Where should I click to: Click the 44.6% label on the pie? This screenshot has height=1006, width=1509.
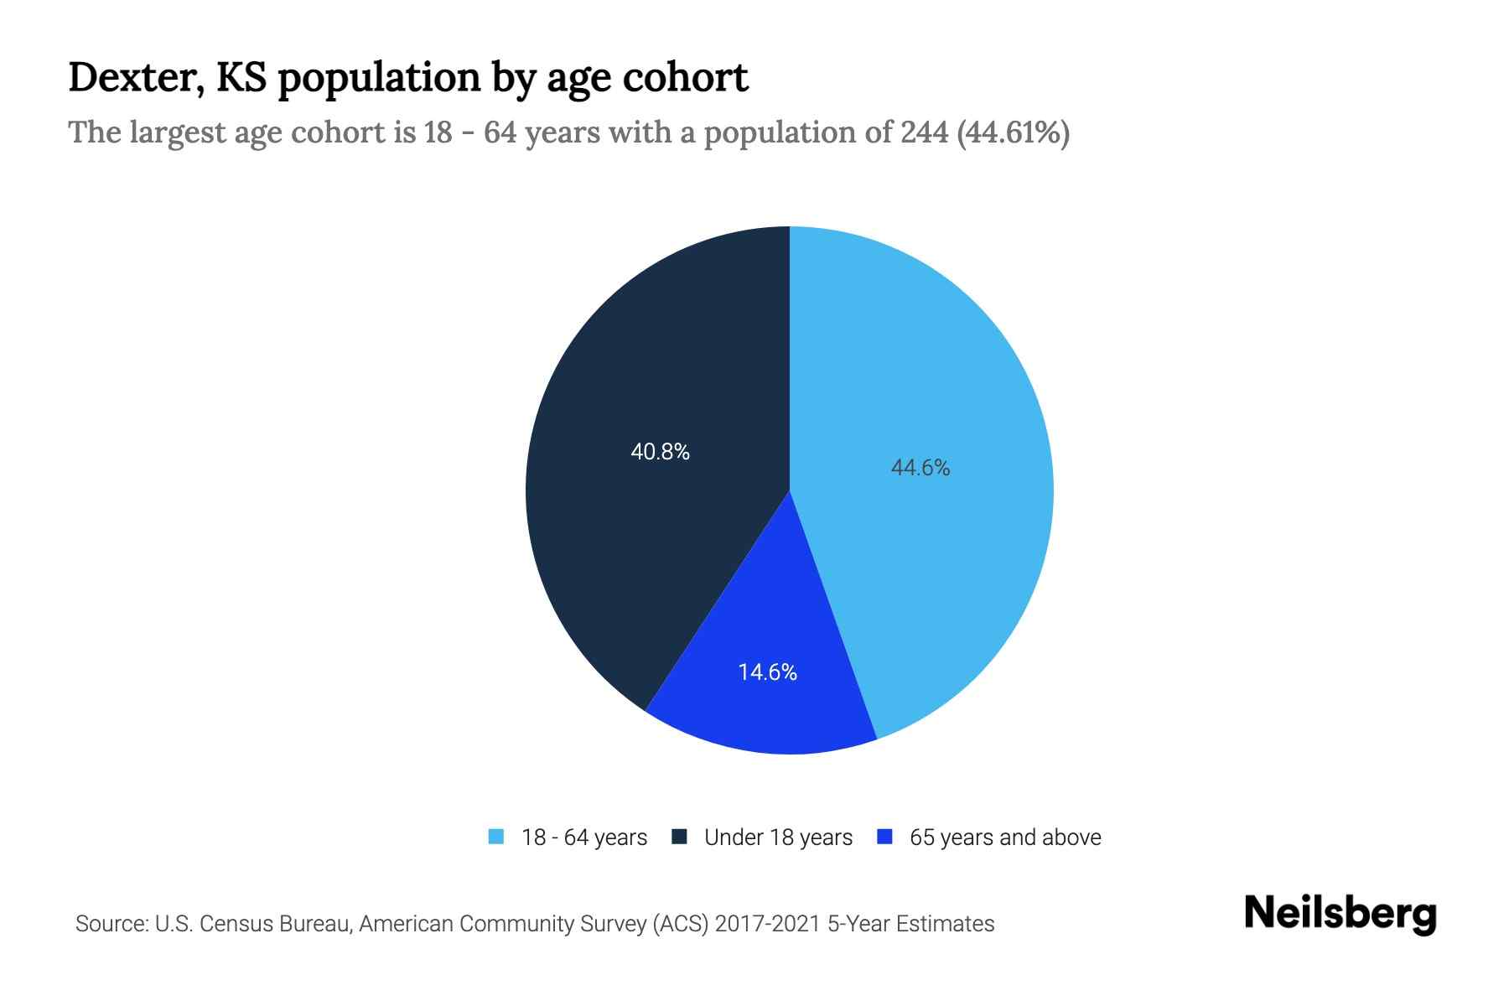[920, 468]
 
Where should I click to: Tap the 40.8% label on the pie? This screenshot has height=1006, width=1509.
[660, 453]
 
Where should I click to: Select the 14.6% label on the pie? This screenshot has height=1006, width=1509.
[767, 672]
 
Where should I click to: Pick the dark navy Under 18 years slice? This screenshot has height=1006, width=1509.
[637, 545]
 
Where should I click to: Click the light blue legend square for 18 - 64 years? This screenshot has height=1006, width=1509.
[496, 837]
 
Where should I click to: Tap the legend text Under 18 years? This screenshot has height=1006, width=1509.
[778, 837]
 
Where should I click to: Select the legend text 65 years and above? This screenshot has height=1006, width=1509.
[1004, 837]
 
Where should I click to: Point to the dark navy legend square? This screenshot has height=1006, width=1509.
[680, 837]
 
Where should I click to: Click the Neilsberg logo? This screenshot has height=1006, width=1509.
[1340, 915]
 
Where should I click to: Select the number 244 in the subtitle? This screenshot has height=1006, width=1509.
[925, 132]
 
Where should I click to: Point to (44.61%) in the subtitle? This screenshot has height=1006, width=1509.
[1013, 132]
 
